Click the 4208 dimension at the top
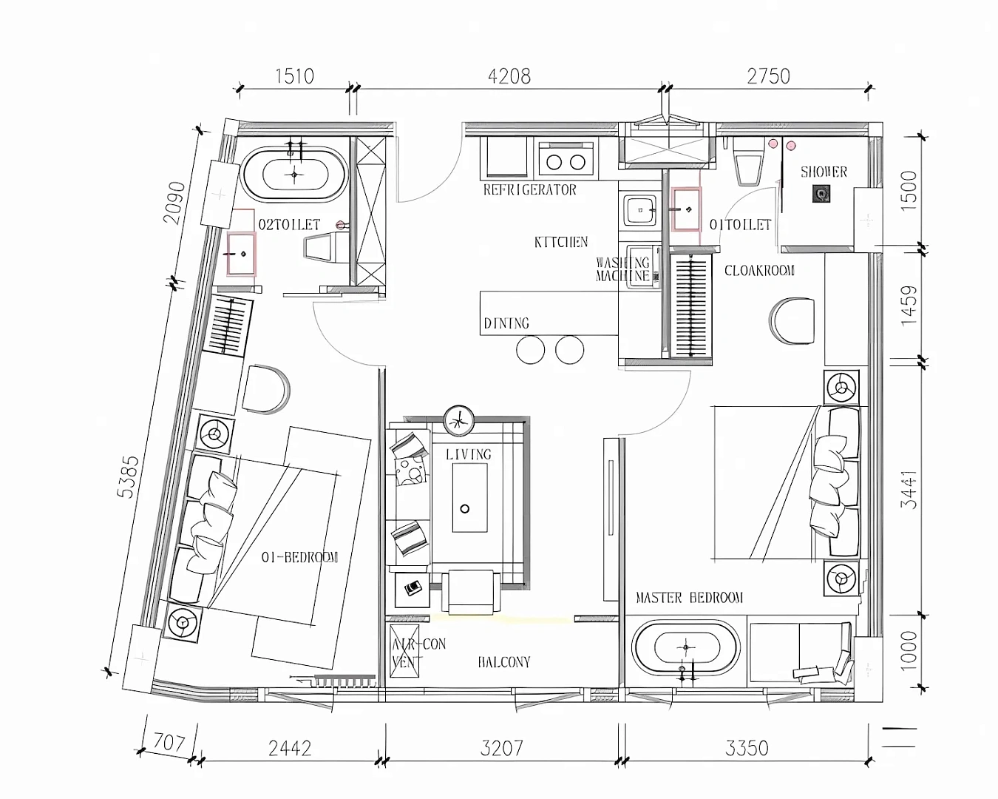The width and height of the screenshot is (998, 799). pyautogui.click(x=509, y=76)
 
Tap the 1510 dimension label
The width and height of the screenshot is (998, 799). pyautogui.click(x=294, y=76)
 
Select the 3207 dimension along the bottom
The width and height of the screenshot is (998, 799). pyautogui.click(x=501, y=749)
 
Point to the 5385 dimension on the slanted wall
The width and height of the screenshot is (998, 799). pyautogui.click(x=128, y=476)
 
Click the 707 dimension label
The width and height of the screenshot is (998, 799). pyautogui.click(x=169, y=742)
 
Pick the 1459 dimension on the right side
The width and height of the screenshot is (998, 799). pyautogui.click(x=909, y=306)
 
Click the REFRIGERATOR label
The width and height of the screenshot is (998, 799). pyautogui.click(x=529, y=189)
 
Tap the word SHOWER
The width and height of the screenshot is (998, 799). pyautogui.click(x=824, y=172)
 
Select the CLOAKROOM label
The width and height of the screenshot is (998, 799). pyautogui.click(x=759, y=271)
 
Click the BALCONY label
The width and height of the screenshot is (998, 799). pyautogui.click(x=504, y=662)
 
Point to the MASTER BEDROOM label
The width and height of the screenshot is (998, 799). pyautogui.click(x=689, y=598)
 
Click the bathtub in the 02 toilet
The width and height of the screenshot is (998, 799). pyautogui.click(x=295, y=175)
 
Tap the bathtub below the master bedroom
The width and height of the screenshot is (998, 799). pyautogui.click(x=685, y=647)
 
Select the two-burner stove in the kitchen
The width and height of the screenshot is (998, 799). pyautogui.click(x=566, y=159)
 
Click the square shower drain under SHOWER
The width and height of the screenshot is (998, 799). pyautogui.click(x=821, y=194)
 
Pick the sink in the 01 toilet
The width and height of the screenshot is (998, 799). pyautogui.click(x=687, y=209)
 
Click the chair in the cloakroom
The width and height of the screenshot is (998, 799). pyautogui.click(x=792, y=321)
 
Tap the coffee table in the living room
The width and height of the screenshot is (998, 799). pyautogui.click(x=469, y=497)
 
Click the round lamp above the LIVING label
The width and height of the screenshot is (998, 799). pyautogui.click(x=458, y=421)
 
